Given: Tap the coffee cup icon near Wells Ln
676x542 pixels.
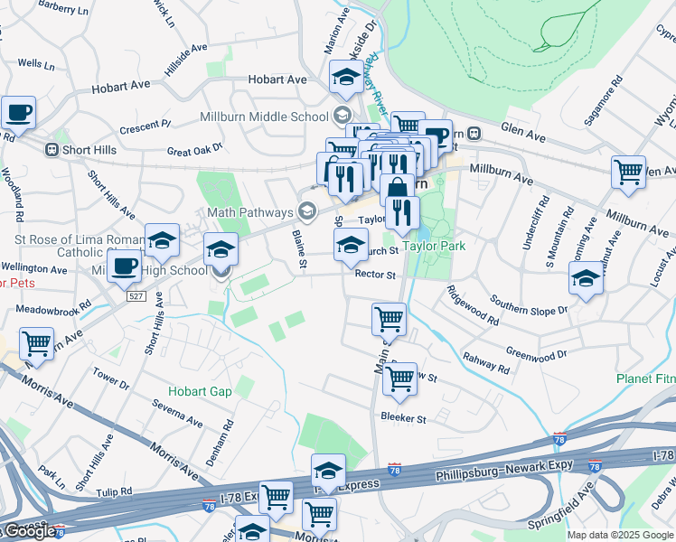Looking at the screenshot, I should coord(17,114).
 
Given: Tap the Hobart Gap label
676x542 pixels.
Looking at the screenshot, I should coord(200,391).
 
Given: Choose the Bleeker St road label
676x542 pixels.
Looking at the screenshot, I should coord(403,419).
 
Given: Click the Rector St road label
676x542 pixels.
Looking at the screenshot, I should coord(375,275).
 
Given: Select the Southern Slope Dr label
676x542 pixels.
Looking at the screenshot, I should coord(529,304).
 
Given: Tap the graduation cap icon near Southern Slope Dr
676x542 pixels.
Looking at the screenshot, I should coord(587,280).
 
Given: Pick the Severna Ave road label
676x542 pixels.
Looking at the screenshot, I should coord(178,414).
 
